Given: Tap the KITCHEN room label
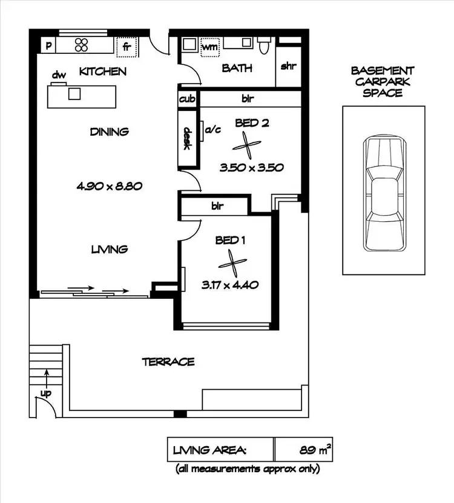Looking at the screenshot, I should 103,72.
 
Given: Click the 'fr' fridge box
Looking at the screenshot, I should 127,45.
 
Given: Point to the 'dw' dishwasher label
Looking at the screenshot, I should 58,75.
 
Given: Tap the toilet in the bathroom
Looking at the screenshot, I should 264,45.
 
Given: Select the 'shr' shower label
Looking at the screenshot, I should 288,66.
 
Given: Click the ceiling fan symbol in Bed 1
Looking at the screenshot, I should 231,262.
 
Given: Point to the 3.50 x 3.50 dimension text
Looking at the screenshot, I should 251,168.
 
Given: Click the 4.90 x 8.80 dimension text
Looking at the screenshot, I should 109,187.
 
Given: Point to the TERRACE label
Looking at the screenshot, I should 168,362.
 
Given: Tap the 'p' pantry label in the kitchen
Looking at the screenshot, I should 48,45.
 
